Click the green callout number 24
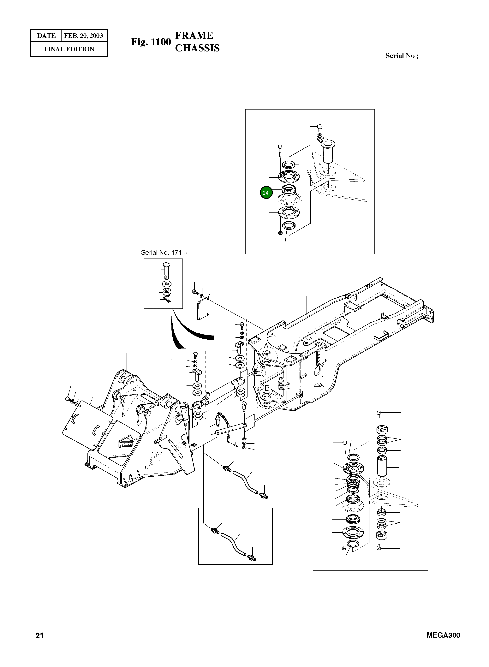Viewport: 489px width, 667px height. pyautogui.click(x=266, y=193)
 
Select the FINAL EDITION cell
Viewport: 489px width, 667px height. pyautogui.click(x=69, y=49)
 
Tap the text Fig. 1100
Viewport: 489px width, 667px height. pyautogui.click(x=151, y=42)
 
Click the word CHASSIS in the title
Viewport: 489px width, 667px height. pyautogui.click(x=197, y=48)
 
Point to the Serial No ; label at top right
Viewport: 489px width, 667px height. pyautogui.click(x=402, y=56)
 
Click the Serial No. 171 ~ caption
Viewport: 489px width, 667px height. pyautogui.click(x=164, y=252)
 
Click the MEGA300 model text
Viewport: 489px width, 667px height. pyautogui.click(x=443, y=635)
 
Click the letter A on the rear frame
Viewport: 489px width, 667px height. pyautogui.click(x=266, y=346)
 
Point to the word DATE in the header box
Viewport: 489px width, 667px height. pyautogui.click(x=46, y=36)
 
